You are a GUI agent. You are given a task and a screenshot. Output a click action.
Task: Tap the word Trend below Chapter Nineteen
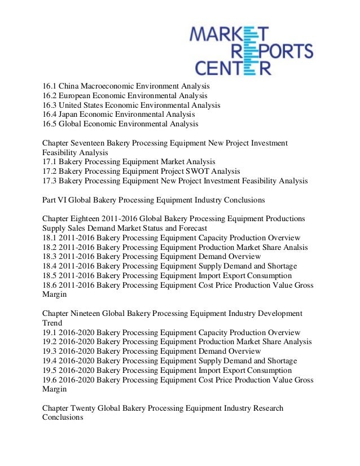pos(52,323)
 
